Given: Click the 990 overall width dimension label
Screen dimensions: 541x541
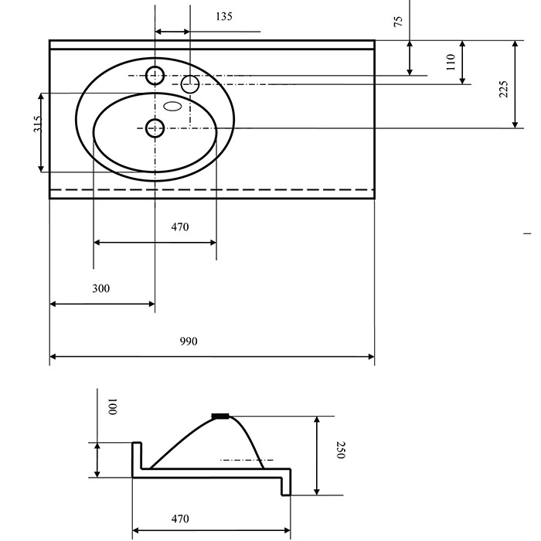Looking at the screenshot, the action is [189, 342].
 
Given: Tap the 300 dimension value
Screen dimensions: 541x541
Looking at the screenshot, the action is [100, 288].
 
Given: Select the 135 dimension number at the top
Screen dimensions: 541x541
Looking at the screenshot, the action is [224, 16].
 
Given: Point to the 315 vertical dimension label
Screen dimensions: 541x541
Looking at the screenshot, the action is [38, 124].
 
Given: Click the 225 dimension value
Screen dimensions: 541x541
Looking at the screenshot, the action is [504, 89].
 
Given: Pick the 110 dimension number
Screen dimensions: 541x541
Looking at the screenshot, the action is [451, 62].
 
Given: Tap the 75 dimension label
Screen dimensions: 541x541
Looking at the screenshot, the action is [398, 22].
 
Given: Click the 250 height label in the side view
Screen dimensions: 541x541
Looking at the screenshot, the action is [341, 450].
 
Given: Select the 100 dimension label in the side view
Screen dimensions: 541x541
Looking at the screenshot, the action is [113, 407].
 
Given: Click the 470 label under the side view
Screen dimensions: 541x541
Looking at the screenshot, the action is [180, 519].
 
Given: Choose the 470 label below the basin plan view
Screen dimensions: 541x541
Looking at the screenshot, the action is [180, 226].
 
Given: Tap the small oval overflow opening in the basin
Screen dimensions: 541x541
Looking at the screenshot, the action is [172, 106].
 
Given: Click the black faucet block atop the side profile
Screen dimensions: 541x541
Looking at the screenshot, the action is [220, 416].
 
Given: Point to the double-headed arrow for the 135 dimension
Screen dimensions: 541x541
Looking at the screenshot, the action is [172, 32].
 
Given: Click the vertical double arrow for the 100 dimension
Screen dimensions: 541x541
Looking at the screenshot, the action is [97, 460].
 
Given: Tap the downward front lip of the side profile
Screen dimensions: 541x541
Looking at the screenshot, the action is [287, 482].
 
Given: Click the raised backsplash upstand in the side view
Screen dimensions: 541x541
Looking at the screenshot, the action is [137, 455].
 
